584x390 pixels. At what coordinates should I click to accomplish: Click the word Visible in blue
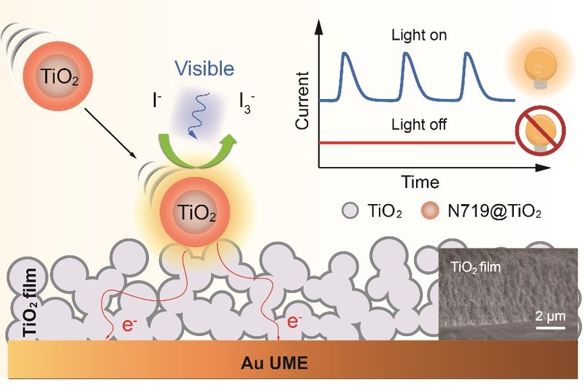click(204, 69)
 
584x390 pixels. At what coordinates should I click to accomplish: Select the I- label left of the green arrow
click(158, 101)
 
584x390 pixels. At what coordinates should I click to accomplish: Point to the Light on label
click(419, 35)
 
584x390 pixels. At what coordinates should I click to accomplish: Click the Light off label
click(419, 125)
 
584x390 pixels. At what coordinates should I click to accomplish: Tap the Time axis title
click(419, 181)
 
